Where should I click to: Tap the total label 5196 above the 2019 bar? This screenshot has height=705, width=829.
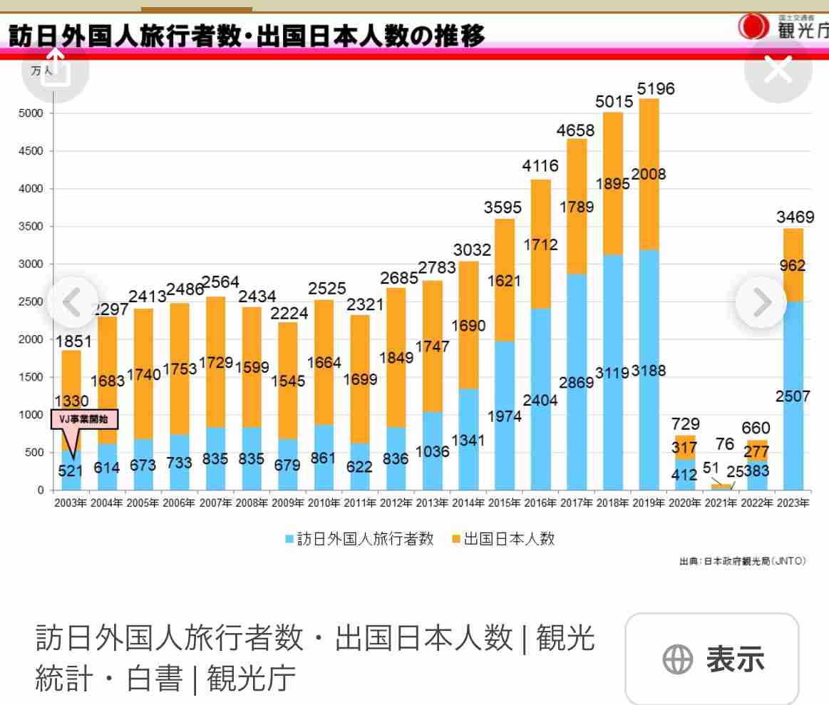[x=655, y=89]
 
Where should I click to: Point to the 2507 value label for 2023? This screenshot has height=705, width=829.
[x=792, y=396]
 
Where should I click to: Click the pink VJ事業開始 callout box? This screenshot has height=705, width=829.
[x=85, y=419]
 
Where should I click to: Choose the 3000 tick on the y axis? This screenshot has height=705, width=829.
[x=31, y=264]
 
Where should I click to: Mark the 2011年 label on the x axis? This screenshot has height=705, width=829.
[x=360, y=503]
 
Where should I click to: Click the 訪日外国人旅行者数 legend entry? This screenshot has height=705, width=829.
[x=359, y=539]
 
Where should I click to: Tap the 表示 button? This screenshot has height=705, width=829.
[x=712, y=659]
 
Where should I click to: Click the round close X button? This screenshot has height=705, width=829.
[x=778, y=70]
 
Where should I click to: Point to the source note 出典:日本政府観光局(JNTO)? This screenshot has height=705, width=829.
[x=742, y=561]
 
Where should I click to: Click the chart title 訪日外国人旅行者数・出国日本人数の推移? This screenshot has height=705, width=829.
[x=246, y=35]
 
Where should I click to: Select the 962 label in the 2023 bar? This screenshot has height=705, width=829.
[x=792, y=266]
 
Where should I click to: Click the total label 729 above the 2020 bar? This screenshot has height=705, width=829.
[x=685, y=424]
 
